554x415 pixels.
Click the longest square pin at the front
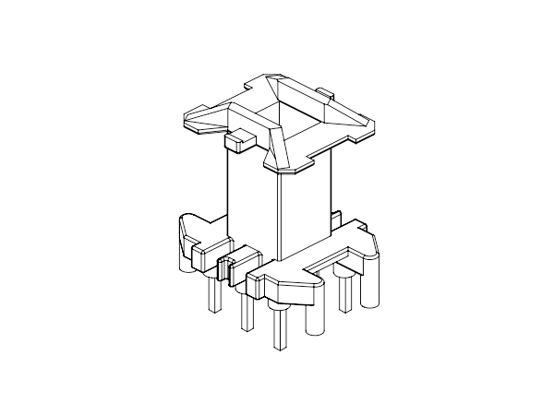[278, 332]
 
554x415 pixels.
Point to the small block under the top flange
[237, 141]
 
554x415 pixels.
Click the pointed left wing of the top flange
[199, 119]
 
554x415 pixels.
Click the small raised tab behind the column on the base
[335, 218]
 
